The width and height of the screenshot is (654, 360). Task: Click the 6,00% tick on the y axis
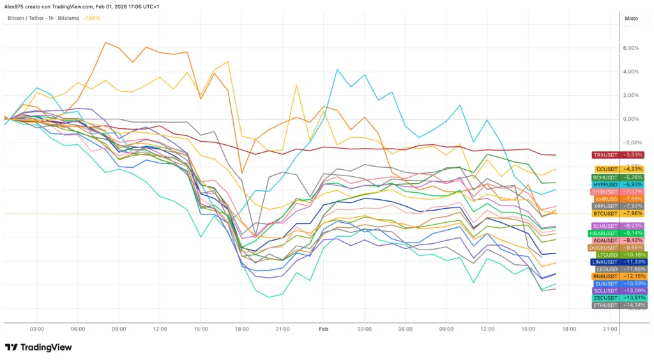[630, 48]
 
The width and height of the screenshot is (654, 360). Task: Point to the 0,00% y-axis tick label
[630, 119]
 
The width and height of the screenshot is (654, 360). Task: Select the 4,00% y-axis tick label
[630, 71]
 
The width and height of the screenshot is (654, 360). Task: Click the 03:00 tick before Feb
[37, 329]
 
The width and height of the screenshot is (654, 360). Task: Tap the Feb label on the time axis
[323, 329]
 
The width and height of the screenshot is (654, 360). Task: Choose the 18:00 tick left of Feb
[241, 329]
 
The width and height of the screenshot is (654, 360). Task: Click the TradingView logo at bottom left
[38, 347]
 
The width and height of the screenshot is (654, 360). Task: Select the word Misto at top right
[631, 19]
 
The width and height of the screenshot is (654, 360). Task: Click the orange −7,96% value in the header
[91, 18]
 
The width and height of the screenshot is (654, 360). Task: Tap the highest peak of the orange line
[105, 43]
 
